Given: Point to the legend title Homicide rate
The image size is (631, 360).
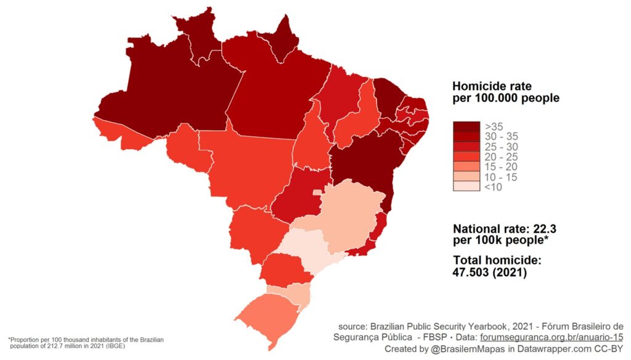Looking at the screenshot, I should (x=492, y=86).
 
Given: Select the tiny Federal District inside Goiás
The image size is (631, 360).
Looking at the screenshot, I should (x=317, y=193).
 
